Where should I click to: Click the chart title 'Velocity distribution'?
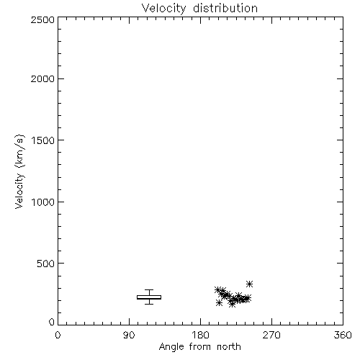coord(199,9)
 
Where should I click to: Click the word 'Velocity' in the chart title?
coord(163,9)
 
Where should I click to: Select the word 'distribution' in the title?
coord(225,8)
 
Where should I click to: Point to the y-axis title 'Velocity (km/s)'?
coord(19,171)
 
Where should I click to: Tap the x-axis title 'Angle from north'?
coord(200,346)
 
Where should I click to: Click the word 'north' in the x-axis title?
coord(229,346)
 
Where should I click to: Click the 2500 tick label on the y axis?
coord(42,19)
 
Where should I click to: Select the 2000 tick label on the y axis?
coord(42,78)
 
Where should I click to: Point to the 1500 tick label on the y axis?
coord(43,140)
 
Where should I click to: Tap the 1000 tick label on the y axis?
coord(43,202)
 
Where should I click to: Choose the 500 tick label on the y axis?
coord(46,264)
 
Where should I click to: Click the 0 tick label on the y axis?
coord(52,322)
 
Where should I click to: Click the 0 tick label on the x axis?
coord(58,335)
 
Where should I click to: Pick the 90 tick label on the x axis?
coord(129,335)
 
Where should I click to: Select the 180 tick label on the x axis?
coord(200,335)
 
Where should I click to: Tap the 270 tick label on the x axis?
coord(271,335)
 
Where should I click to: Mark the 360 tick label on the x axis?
coord(343,335)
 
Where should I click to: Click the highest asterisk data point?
coord(249,284)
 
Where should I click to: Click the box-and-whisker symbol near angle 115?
coord(149,297)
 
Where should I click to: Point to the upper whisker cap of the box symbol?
coord(149,289)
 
